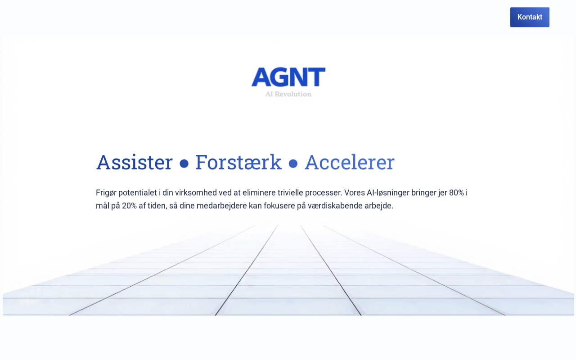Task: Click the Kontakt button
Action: (530, 17)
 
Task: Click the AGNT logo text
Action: (288, 77)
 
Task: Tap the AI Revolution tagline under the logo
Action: (288, 94)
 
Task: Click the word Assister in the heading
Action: (134, 162)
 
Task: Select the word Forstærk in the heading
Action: (238, 162)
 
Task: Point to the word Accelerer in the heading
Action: (350, 162)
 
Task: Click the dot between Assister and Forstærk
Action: (184, 163)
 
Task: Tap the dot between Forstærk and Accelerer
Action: (293, 163)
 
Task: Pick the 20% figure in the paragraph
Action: (129, 206)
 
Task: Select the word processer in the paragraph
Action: (324, 193)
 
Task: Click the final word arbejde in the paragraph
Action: (379, 206)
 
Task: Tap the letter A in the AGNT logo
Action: (261, 77)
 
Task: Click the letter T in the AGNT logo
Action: (317, 77)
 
